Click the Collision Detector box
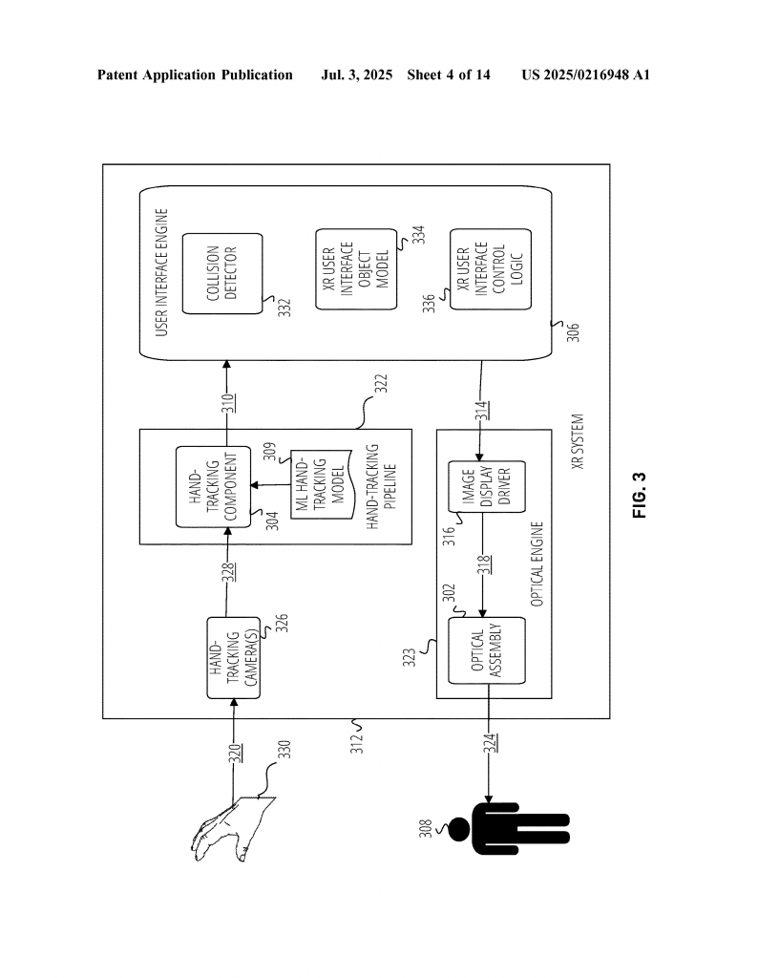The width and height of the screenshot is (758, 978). coord(222,273)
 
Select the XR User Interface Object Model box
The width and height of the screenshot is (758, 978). coord(356,268)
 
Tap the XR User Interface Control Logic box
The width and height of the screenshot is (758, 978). coord(491,268)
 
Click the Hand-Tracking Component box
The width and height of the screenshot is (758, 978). coord(213,486)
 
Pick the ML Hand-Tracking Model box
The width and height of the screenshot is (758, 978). coord(322,484)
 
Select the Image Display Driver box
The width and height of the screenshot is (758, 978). coord(487,486)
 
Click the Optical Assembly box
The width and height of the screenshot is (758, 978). coord(487,650)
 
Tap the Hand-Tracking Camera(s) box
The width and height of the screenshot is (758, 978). coord(234,657)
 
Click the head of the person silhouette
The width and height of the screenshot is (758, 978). coord(459,829)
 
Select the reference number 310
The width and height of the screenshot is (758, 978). coord(229,403)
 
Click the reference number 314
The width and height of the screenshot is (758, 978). coord(482,411)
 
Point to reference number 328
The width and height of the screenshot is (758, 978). coord(230,573)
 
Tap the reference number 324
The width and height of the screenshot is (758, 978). coord(491,743)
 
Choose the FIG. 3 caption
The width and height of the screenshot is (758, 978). coord(640,496)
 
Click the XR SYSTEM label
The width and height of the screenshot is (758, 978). coord(578,441)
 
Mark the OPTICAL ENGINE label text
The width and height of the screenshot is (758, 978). coord(537,563)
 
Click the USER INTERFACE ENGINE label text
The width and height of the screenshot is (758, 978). coord(162,272)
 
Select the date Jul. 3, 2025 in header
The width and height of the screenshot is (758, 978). coord(356,74)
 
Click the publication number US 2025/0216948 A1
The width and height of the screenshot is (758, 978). coord(586,74)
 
